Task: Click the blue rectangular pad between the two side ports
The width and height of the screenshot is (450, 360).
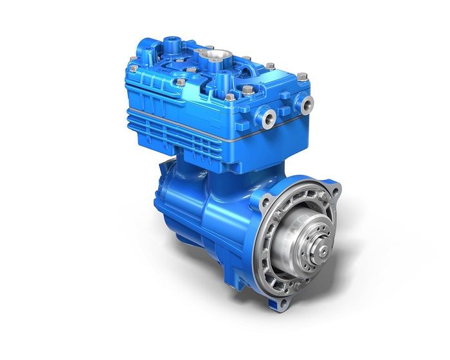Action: pyautogui.click(x=287, y=109)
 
